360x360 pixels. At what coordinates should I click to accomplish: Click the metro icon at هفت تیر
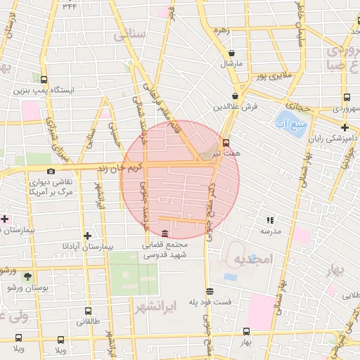click(225, 141)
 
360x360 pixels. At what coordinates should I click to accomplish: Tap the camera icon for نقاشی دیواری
click(51, 171)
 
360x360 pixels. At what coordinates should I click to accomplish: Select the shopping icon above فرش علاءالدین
click(235, 96)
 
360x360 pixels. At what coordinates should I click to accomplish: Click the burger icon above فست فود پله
click(209, 291)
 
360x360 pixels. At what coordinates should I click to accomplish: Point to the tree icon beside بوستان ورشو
click(27, 277)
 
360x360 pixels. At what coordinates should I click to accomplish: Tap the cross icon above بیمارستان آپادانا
click(87, 236)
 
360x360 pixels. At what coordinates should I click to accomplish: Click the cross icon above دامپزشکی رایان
click(345, 127)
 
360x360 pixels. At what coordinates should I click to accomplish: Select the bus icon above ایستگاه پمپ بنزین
click(44, 79)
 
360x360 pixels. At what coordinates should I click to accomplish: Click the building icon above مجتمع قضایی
click(165, 233)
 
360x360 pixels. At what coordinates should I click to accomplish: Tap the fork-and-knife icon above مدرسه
click(270, 220)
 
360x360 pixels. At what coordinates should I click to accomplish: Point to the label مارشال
click(231, 63)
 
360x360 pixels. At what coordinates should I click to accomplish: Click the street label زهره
click(222, 30)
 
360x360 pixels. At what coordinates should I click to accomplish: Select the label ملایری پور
click(271, 75)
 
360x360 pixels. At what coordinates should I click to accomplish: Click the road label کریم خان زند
click(117, 169)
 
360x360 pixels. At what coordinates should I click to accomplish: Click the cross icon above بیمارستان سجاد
click(4, 219)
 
